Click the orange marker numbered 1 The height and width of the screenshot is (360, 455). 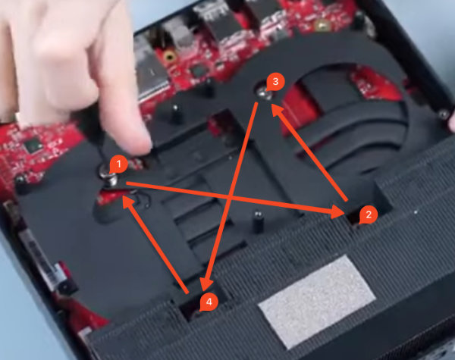tap(118, 164)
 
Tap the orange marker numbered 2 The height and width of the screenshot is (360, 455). tap(369, 215)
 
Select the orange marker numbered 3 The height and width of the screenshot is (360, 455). tap(275, 82)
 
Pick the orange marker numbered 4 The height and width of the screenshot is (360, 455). tap(209, 302)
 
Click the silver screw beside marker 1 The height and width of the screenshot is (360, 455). tap(108, 176)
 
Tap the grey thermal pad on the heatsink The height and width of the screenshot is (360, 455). tap(317, 302)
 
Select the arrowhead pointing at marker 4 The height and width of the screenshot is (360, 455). tap(207, 283)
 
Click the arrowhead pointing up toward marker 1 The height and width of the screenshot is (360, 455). tap(128, 202)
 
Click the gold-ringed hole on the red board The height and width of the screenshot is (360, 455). tap(169, 56)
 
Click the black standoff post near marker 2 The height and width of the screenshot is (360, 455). tap(257, 222)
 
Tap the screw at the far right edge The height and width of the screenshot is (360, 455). tap(443, 115)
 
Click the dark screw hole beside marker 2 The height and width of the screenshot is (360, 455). tap(356, 219)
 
